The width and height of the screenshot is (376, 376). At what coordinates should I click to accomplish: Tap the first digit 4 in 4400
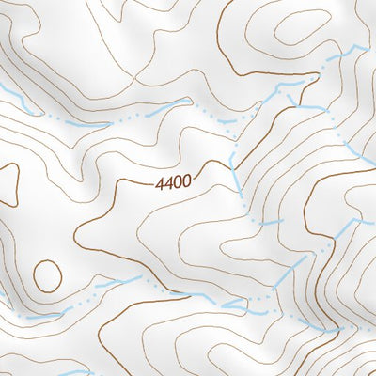pos(161,182)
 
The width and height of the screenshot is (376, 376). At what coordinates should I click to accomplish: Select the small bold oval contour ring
pos(47,274)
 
